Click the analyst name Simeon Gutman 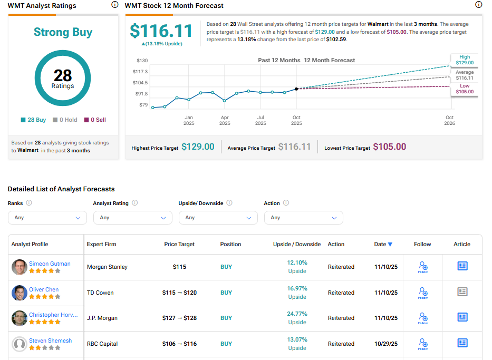(50, 264)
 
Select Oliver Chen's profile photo (20, 293)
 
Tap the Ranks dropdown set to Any (47, 218)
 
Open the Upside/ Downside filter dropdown (218, 218)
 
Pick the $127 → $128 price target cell (179, 318)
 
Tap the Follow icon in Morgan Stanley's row (422, 267)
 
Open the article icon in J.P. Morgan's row (462, 317)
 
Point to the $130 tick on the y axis (142, 61)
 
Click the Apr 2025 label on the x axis (225, 120)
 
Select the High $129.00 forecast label (465, 60)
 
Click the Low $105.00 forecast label (465, 89)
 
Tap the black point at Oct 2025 (296, 89)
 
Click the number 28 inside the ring (63, 75)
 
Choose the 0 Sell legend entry (95, 120)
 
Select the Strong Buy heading (63, 32)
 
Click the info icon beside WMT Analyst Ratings (115, 5)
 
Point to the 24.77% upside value (297, 314)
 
